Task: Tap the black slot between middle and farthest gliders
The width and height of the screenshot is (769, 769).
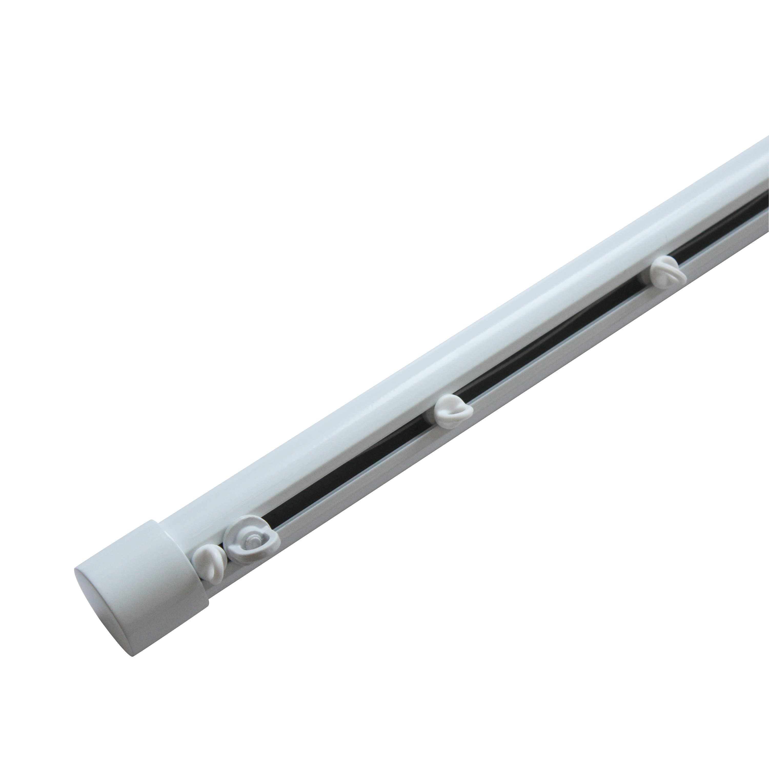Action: coord(557,342)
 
